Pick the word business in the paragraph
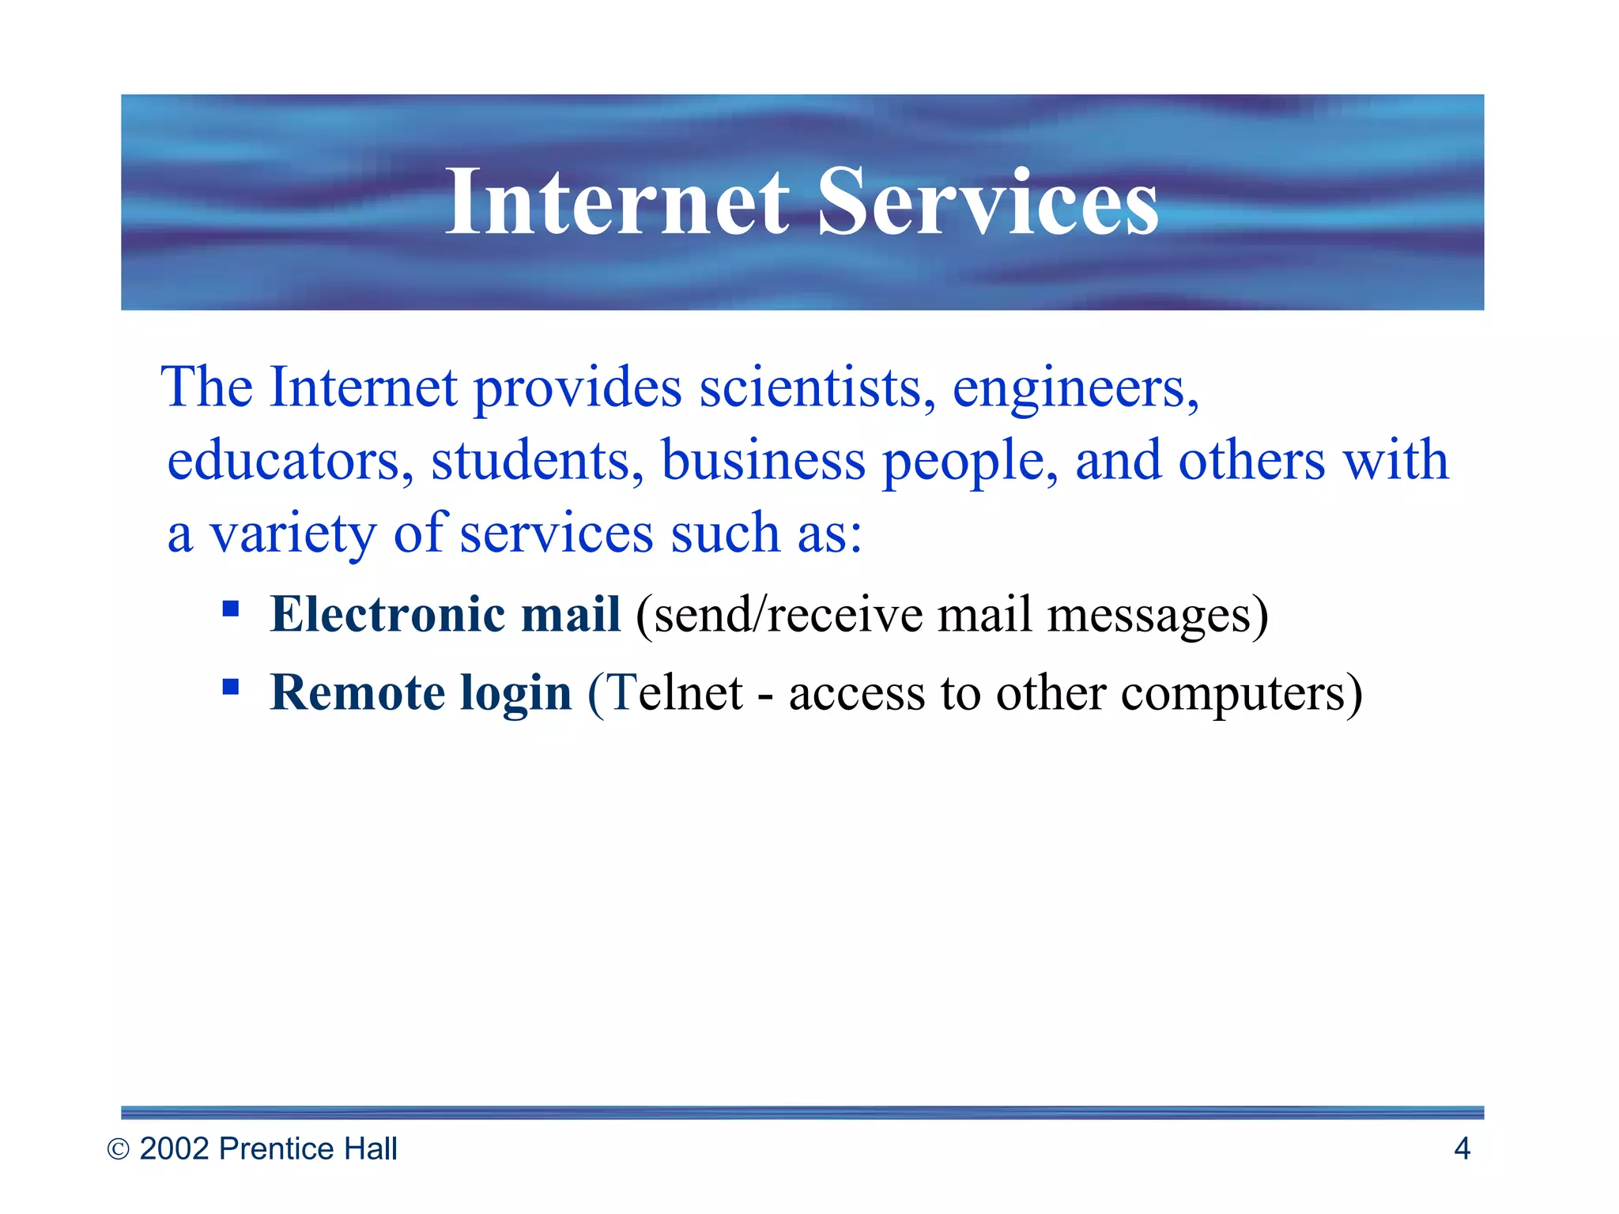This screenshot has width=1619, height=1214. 763,461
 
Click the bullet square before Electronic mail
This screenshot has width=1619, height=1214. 231,609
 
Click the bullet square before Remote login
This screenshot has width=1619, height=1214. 231,686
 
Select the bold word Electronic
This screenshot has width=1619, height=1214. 387,614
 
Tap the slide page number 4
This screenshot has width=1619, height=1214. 1462,1148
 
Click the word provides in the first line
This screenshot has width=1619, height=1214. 577,390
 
